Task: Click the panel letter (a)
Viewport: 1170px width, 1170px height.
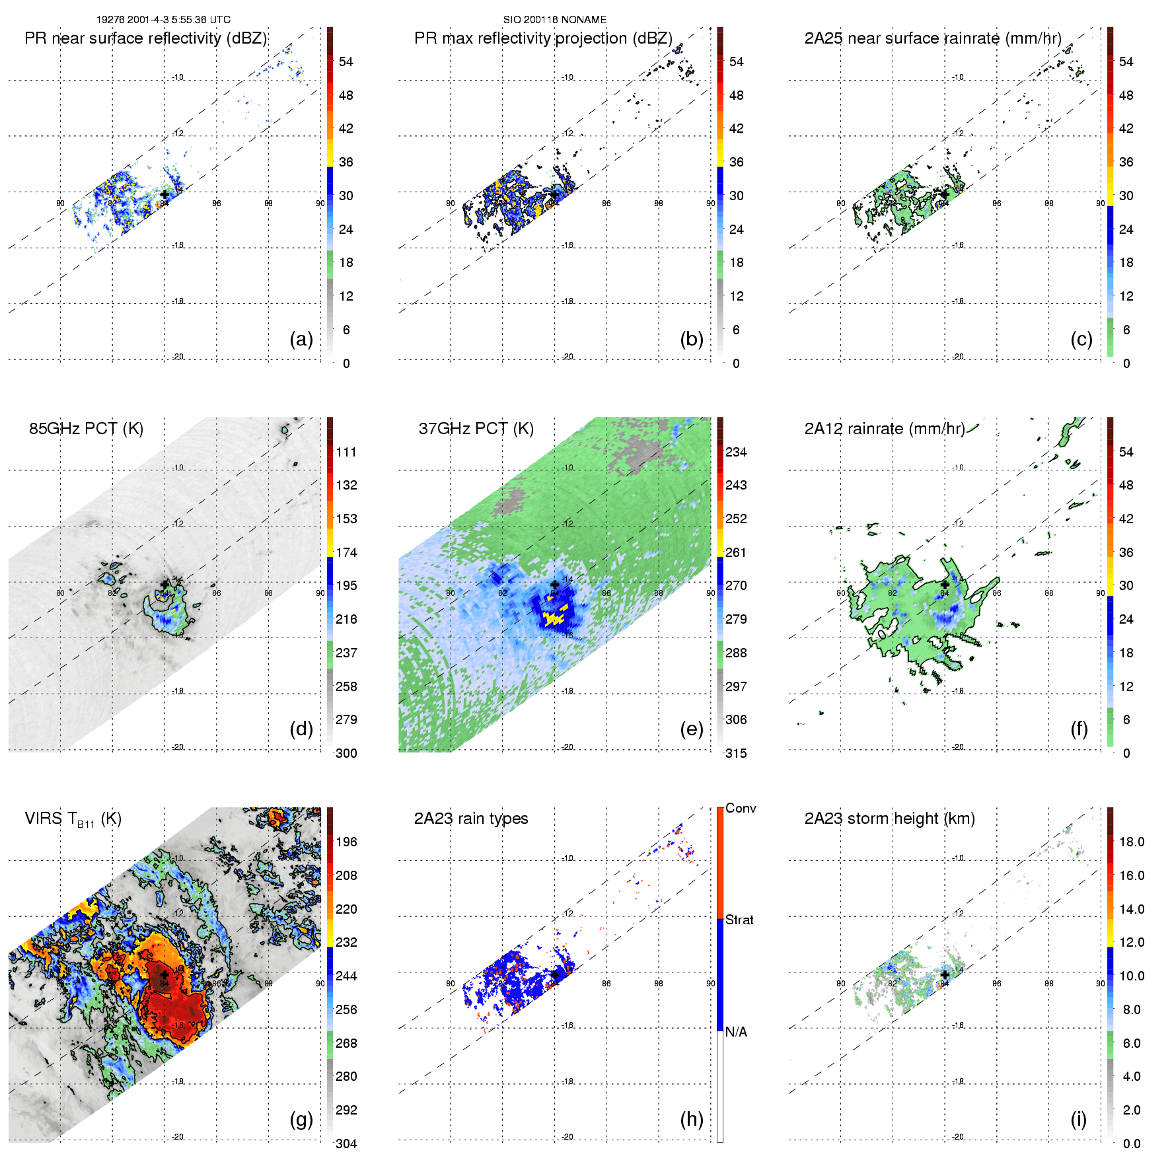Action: click(x=301, y=340)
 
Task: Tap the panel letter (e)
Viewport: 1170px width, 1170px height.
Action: click(x=691, y=729)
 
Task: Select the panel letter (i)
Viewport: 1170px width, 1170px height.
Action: click(x=1078, y=1119)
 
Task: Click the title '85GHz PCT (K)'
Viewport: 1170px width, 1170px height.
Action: click(x=86, y=429)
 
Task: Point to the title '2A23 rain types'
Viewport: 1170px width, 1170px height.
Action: click(x=470, y=819)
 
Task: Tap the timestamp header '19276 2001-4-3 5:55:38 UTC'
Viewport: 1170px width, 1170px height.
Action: click(x=163, y=20)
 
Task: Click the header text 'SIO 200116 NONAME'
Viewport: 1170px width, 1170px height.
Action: click(x=554, y=20)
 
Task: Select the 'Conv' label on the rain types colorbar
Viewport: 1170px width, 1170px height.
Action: click(x=740, y=809)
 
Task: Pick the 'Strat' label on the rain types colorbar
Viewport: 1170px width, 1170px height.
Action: click(x=739, y=920)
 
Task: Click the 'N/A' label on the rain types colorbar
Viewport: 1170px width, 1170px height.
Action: click(x=736, y=1032)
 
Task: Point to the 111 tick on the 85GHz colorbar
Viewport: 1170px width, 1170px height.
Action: click(x=346, y=453)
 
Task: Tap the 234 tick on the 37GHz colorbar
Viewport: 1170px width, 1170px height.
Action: click(x=736, y=453)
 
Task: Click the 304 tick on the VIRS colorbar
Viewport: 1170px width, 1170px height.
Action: click(x=346, y=1144)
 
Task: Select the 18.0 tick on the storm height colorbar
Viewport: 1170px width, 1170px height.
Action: click(x=1131, y=842)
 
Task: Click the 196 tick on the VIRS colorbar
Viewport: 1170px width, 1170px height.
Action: click(x=346, y=842)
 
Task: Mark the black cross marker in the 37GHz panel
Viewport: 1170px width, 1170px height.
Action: click(x=554, y=585)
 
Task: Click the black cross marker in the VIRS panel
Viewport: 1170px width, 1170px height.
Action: click(x=164, y=974)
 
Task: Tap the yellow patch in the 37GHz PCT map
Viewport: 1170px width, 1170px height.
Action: click(x=554, y=619)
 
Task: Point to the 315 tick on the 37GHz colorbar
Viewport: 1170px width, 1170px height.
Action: click(x=736, y=754)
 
